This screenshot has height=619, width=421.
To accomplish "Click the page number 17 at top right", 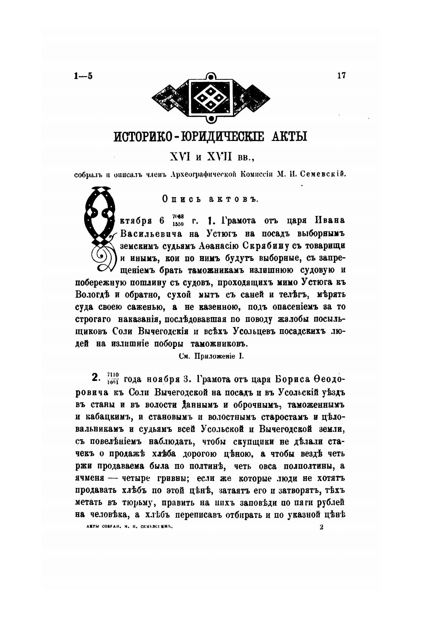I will pyautogui.click(x=341, y=75).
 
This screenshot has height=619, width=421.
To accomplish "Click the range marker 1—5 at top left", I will pyautogui.click(x=83, y=76).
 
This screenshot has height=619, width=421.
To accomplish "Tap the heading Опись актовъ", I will pyautogui.click(x=210, y=199).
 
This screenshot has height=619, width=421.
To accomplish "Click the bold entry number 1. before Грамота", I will pyautogui.click(x=211, y=221).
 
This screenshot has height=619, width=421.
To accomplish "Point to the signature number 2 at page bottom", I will pyautogui.click(x=321, y=527).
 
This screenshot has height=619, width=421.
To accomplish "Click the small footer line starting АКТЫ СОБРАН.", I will pyautogui.click(x=130, y=527).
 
